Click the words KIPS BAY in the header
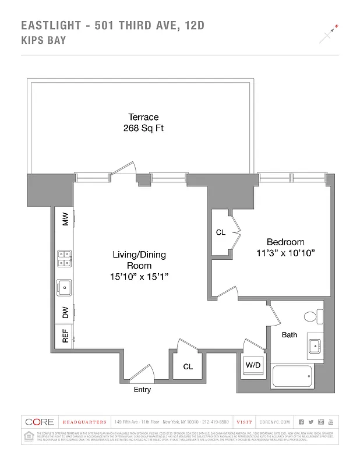click(x=43, y=40)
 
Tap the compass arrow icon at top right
click(x=329, y=34)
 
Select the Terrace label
click(x=143, y=117)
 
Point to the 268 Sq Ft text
click(x=143, y=128)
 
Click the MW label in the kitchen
click(x=65, y=220)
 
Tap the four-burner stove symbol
click(x=64, y=258)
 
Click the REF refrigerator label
click(x=65, y=336)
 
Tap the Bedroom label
click(x=285, y=242)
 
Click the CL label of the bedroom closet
click(x=221, y=232)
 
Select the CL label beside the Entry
click(x=188, y=366)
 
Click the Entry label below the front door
click(x=142, y=390)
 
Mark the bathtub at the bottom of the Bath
click(x=292, y=377)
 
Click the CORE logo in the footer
click(x=39, y=422)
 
